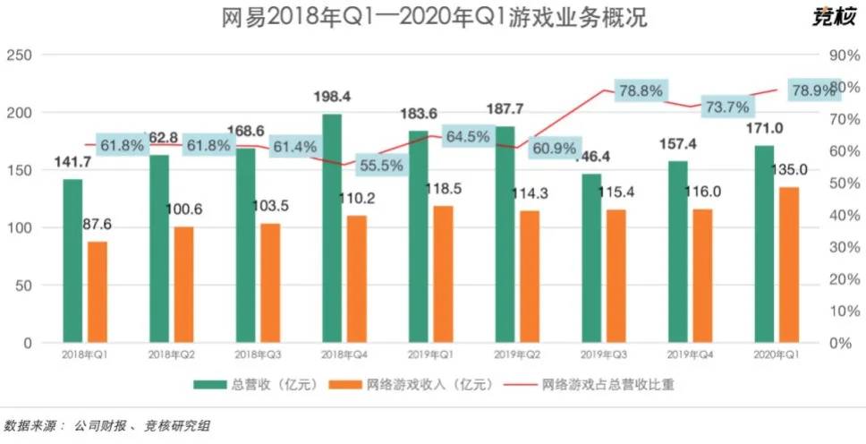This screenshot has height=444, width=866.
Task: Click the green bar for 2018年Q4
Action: [x=331, y=228]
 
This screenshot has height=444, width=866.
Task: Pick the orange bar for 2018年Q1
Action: [x=98, y=292]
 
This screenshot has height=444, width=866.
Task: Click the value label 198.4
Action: [x=332, y=96]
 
